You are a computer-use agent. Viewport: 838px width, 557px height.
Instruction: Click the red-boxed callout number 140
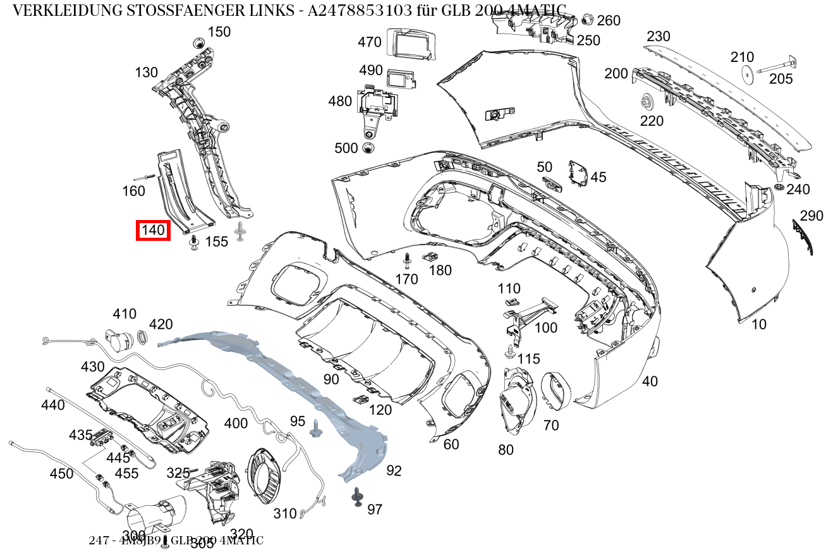[x=153, y=230]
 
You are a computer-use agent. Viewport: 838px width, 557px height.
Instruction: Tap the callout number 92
[x=394, y=470]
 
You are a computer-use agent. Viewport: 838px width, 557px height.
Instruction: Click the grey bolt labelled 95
[x=315, y=431]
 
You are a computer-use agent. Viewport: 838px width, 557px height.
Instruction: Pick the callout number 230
[x=658, y=37]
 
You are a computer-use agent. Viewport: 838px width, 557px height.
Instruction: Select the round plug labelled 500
[x=368, y=148]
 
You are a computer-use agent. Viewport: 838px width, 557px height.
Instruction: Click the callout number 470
[x=369, y=42]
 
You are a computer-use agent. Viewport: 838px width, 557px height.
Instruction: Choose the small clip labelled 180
[x=430, y=257]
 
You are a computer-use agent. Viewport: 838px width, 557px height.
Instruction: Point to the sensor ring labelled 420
[x=143, y=339]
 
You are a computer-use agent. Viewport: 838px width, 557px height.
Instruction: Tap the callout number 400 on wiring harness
[x=236, y=423]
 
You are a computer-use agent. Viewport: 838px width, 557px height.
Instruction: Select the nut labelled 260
[x=585, y=19]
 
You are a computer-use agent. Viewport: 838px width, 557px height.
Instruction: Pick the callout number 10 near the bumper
[x=758, y=324]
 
